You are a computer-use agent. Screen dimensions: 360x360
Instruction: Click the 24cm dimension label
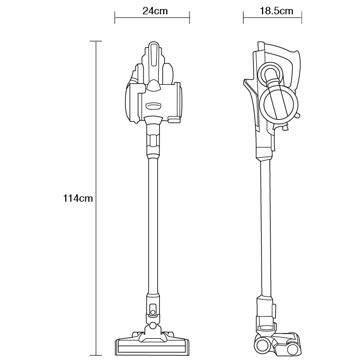pyautogui.click(x=155, y=11)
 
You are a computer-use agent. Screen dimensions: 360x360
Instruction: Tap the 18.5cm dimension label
pyautogui.click(x=276, y=11)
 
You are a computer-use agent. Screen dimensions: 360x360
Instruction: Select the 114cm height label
pyautogui.click(x=78, y=199)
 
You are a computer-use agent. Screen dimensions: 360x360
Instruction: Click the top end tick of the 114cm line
pyautogui.click(x=96, y=41)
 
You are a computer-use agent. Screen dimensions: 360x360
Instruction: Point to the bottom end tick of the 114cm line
pyautogui.click(x=96, y=355)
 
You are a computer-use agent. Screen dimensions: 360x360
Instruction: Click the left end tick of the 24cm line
pyautogui.click(x=114, y=17)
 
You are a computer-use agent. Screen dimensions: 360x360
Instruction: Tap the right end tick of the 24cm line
pyautogui.click(x=190, y=17)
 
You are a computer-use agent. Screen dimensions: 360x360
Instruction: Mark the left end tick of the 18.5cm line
pyautogui.click(x=243, y=17)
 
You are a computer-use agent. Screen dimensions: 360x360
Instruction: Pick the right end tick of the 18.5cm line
pyautogui.click(x=301, y=17)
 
